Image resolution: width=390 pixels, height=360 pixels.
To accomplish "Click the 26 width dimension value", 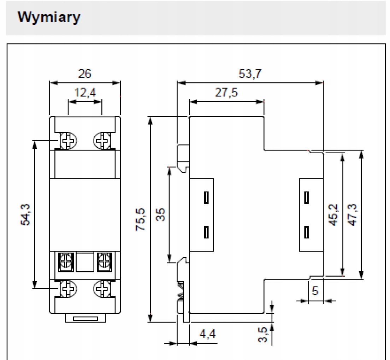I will coord(84,74).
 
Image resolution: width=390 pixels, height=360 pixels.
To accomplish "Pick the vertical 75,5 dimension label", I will coord(141,219).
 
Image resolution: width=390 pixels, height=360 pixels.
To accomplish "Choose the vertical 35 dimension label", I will coord(161,214).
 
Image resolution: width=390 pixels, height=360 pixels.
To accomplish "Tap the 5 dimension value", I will coord(315,291).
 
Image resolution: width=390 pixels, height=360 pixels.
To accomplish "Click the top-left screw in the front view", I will coord(68,141).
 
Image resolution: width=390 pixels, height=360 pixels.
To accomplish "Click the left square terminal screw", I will coord(66,262).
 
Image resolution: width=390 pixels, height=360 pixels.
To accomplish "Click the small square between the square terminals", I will coord(85,262).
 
